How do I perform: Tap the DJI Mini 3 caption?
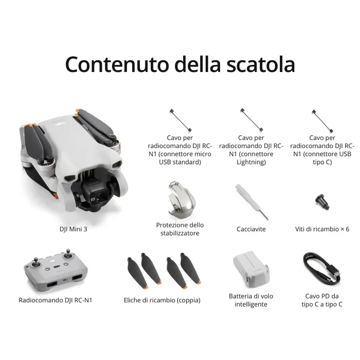(x=74, y=229)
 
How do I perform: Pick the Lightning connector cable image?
(x=251, y=120)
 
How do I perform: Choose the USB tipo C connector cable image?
(x=322, y=120)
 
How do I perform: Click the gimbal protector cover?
(x=179, y=201)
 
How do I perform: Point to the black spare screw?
(x=322, y=200)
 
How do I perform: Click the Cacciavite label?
(x=251, y=229)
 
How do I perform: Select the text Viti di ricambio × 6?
(x=322, y=229)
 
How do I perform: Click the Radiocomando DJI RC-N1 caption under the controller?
(x=59, y=300)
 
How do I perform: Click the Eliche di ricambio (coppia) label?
(x=162, y=300)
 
